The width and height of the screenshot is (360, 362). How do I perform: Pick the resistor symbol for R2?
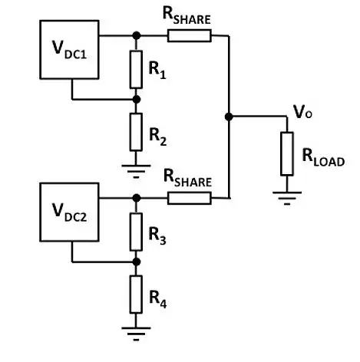(136, 131)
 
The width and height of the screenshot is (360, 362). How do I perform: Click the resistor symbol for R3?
(136, 230)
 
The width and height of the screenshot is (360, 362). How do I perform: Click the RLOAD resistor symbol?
(287, 153)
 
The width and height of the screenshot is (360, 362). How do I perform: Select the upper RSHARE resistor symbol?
(189, 35)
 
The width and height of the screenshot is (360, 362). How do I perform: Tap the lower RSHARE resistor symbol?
(189, 199)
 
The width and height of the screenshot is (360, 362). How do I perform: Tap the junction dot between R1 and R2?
(136, 99)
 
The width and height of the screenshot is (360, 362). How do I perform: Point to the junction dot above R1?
(136, 35)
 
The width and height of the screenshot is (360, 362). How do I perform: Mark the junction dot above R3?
(136, 198)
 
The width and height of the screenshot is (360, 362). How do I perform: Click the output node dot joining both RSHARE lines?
(229, 117)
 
